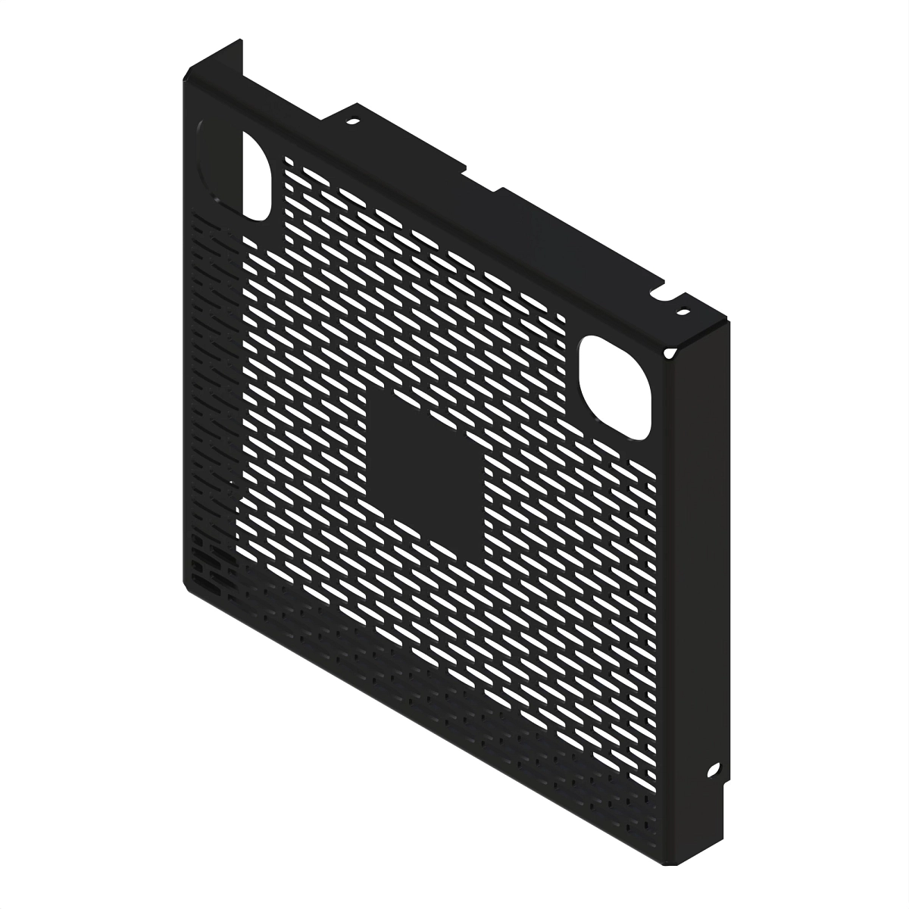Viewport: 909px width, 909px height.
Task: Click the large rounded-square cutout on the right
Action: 615,387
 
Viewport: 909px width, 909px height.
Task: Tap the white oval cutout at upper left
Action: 257,175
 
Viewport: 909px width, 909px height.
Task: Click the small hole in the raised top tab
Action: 353,120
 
